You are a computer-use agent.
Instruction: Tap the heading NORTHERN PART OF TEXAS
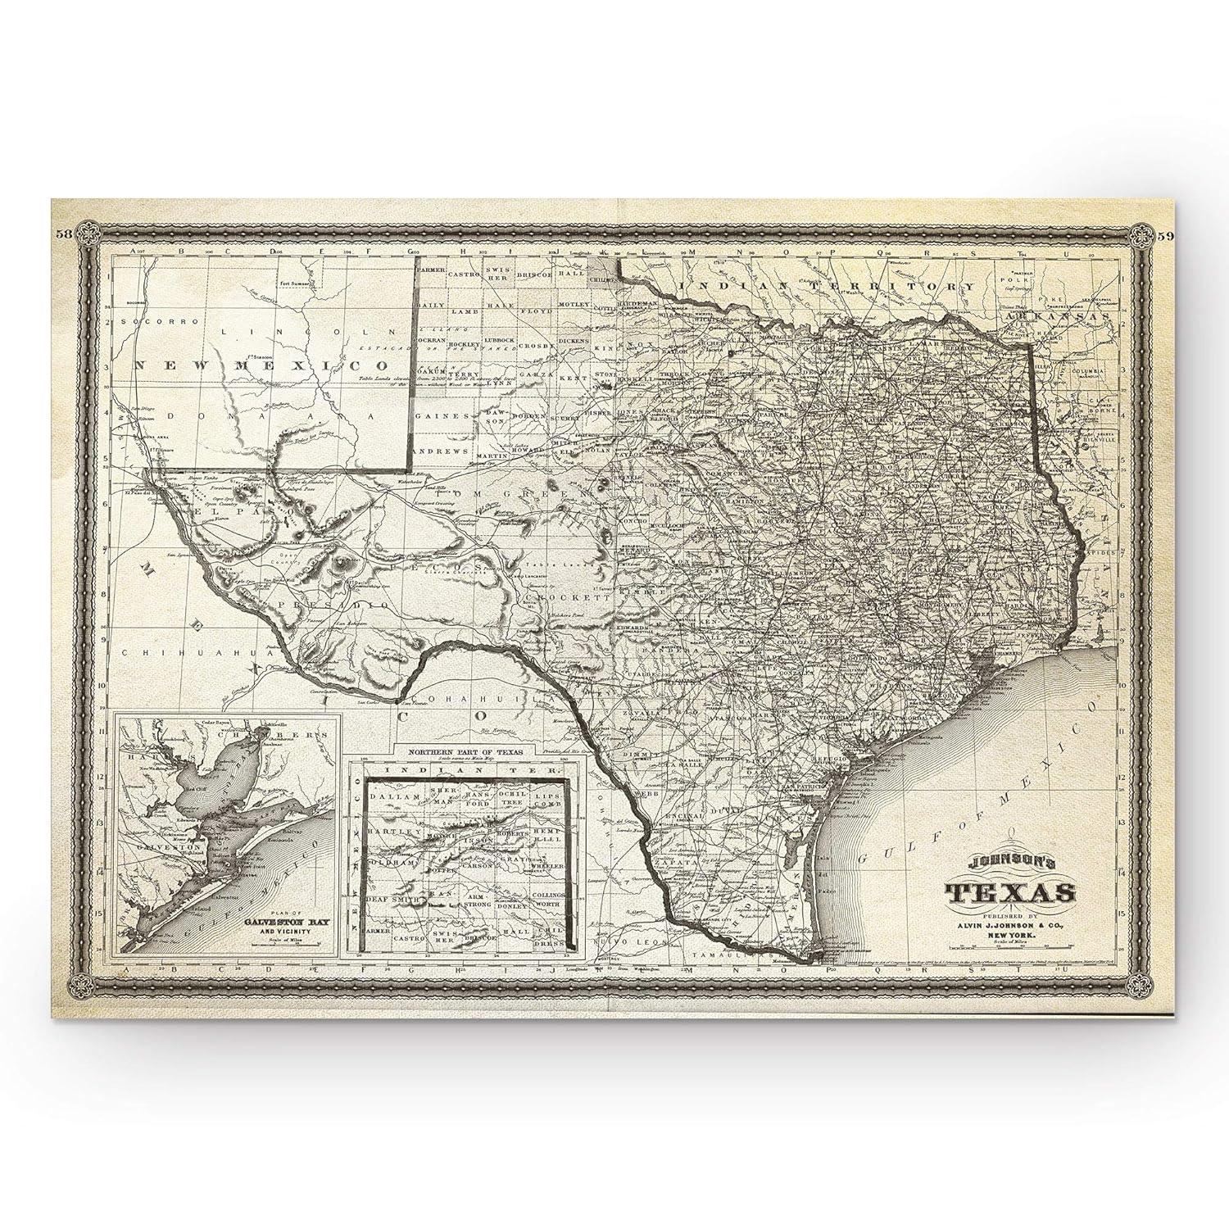[463, 751]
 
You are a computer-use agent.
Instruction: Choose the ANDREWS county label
[442, 451]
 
